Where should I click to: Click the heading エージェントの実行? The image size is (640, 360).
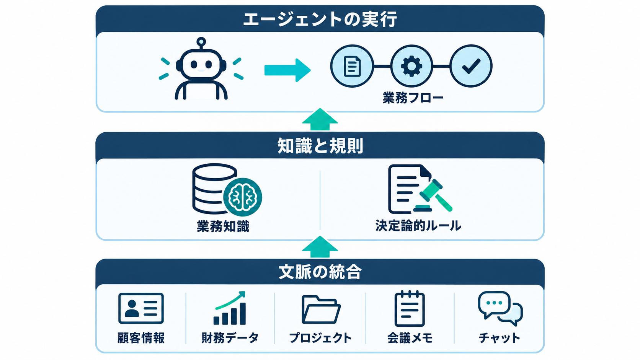pos(320,19)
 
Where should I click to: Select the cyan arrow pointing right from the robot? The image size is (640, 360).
pos(287,70)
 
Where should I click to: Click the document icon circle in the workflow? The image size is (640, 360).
pos(352,66)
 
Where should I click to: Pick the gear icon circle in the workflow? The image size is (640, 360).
pos(411,66)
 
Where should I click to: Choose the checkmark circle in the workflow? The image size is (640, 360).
pos(471,66)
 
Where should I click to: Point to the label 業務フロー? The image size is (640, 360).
pos(413,98)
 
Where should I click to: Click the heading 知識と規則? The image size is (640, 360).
pos(320,146)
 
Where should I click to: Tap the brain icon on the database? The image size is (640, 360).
pos(243,197)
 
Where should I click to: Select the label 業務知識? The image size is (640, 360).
pos(223,226)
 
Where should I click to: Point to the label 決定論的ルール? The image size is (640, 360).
pos(418,226)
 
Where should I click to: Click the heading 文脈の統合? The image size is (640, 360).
pos(320,272)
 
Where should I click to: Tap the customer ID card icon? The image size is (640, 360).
pos(141,308)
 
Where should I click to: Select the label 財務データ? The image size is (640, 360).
pos(230,338)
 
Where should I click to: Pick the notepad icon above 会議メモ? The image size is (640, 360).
pos(410,309)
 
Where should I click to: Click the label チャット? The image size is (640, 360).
pos(500,338)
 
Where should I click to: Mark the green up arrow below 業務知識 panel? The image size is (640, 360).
pos(320,247)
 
